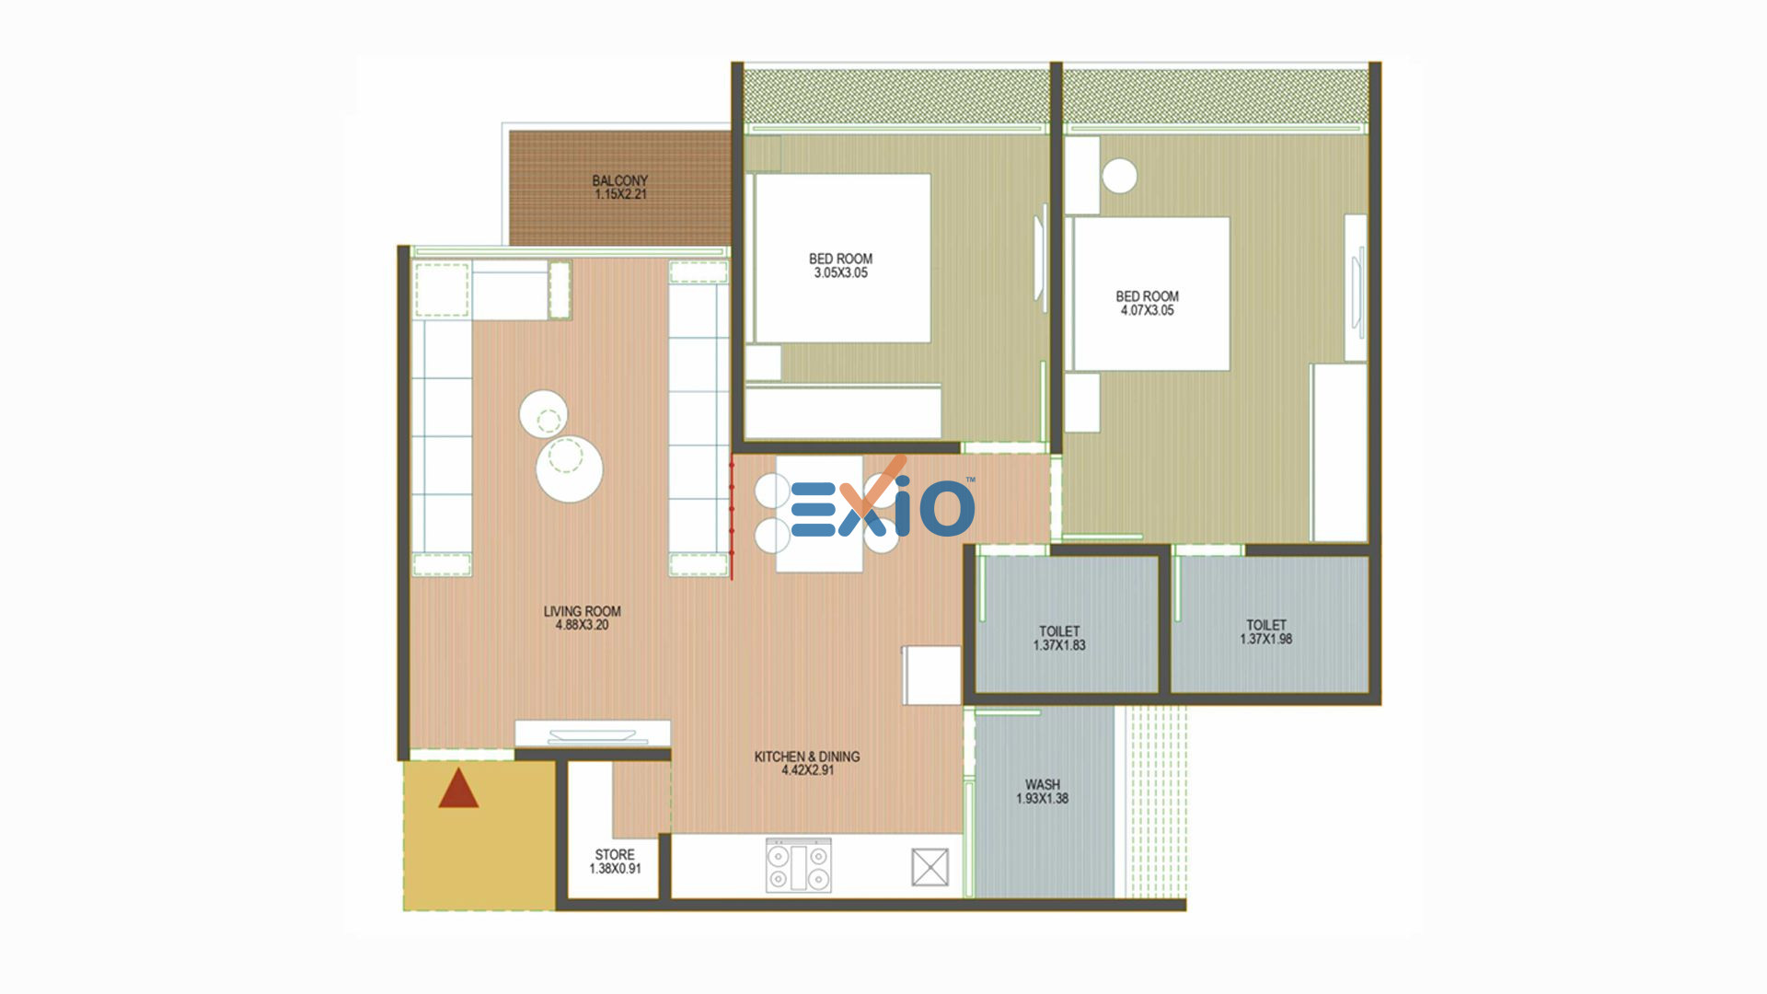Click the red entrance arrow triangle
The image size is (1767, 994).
pos(458,790)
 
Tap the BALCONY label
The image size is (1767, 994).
pos(620,180)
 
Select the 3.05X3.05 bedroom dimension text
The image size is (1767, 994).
pos(841,273)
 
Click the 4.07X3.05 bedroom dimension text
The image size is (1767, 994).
pos(1148,311)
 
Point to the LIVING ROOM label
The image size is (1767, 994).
pos(583,611)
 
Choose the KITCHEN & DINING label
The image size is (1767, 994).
pos(807,757)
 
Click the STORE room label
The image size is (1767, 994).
pos(615,855)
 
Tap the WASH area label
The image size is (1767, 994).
pos(1043,785)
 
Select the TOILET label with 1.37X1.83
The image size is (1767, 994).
pos(1059,631)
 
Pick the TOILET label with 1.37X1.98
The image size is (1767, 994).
pos(1266,625)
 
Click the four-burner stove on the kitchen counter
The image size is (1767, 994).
pos(799,865)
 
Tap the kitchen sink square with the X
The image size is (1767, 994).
pos(930,867)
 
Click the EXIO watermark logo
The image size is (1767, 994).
pos(882,502)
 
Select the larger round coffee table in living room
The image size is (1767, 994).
pos(570,468)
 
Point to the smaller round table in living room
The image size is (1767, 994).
pos(543,415)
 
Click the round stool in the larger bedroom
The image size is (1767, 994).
pos(1119,176)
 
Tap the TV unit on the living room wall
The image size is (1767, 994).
pos(593,734)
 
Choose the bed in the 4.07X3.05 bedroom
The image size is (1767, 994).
pos(1152,294)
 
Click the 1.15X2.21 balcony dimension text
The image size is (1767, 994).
pos(620,195)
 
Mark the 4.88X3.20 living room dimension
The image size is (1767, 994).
pos(583,625)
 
